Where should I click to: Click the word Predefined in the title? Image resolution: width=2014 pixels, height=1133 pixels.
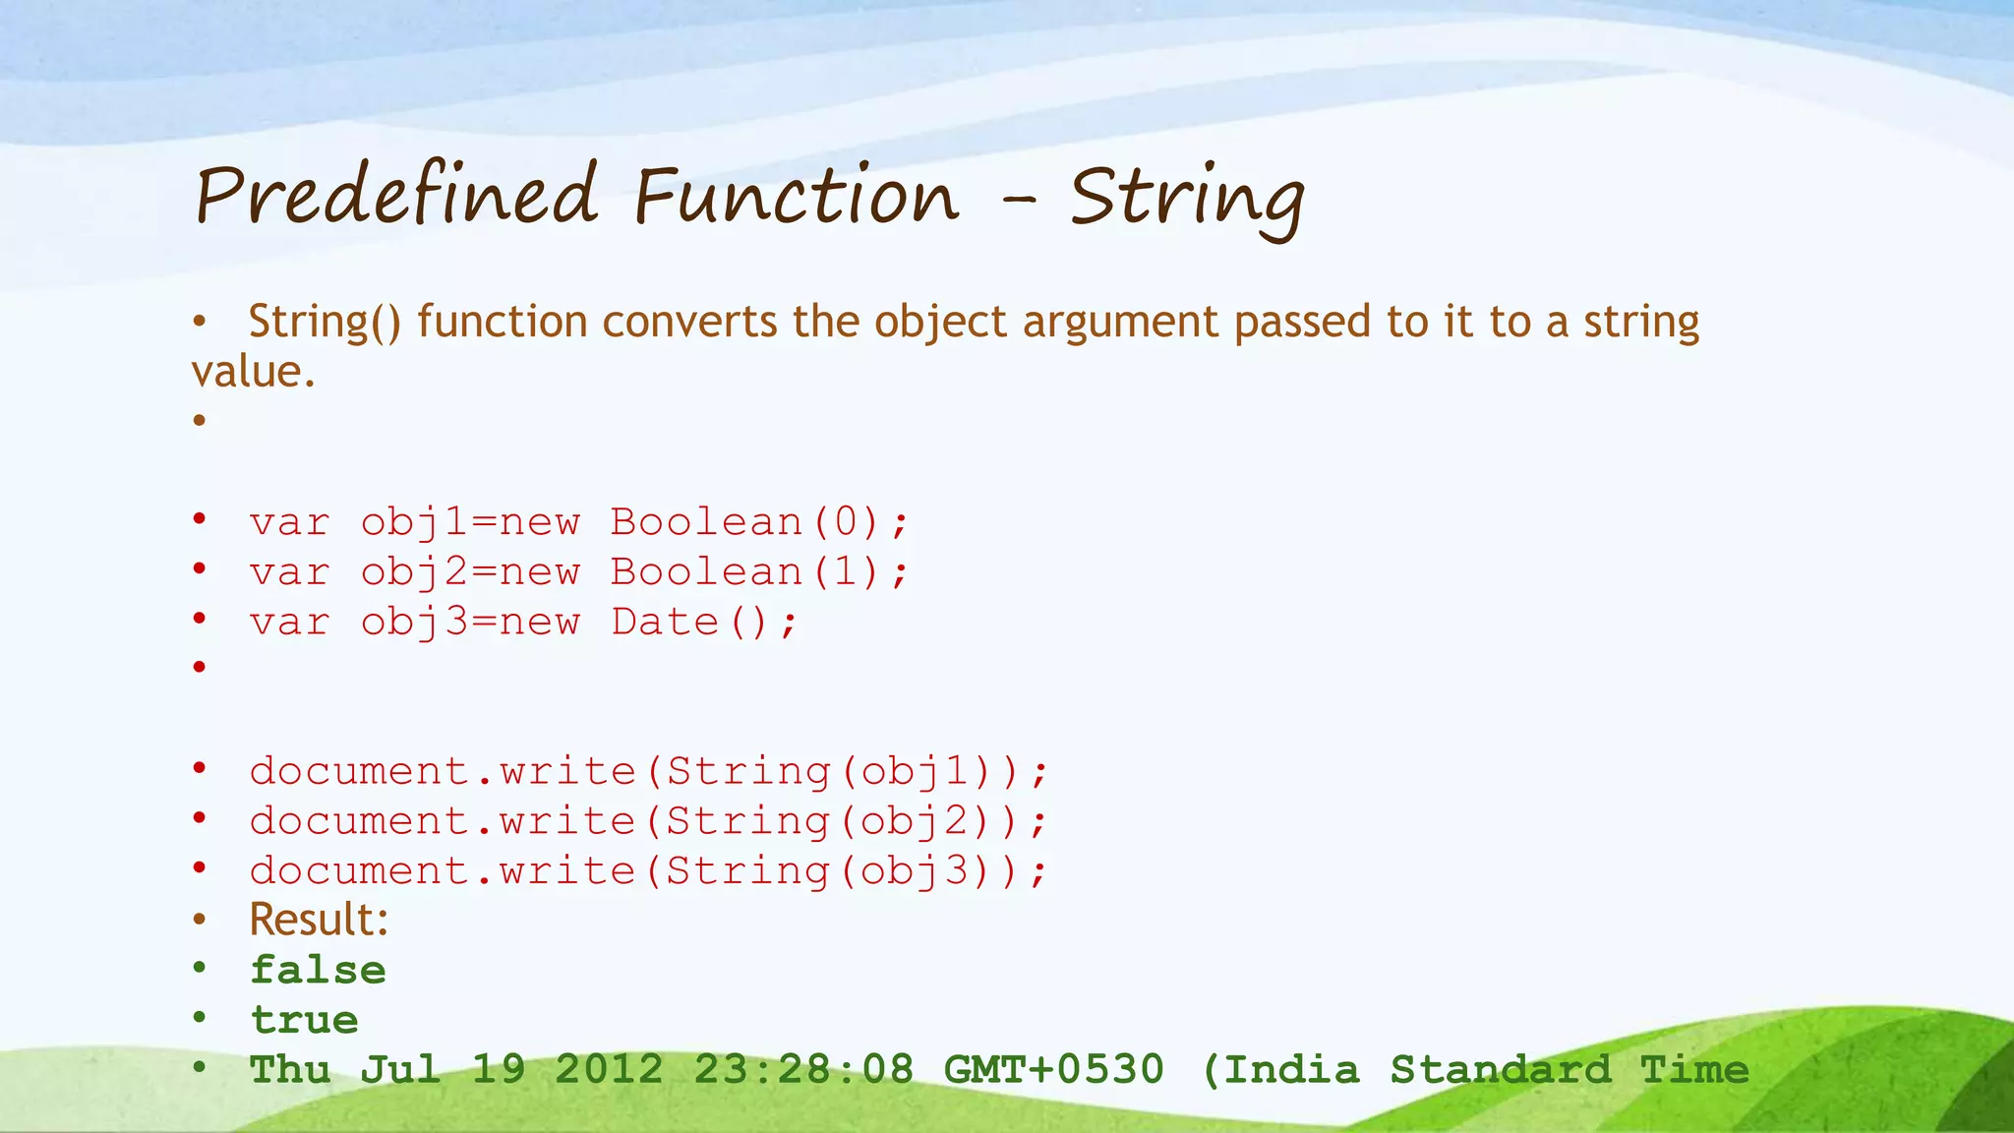pos(396,195)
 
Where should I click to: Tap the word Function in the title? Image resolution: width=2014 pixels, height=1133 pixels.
pos(796,195)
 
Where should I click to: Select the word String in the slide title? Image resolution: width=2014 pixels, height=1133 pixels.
pos(1187,197)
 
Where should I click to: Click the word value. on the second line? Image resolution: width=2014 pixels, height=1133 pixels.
pos(254,372)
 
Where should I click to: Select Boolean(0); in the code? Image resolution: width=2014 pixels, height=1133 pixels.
pos(759,521)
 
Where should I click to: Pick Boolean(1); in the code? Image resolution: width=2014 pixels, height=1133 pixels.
pos(759,571)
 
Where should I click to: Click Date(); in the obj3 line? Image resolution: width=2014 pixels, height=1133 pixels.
pos(704,622)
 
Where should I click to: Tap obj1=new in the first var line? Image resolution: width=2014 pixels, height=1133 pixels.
pos(470,521)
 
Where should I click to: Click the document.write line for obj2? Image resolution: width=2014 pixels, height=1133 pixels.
pos(648,821)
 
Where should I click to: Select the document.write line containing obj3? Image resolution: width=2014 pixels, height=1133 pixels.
pos(648,871)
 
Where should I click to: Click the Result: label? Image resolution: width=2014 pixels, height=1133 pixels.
pos(319,920)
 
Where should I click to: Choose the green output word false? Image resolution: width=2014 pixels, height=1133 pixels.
pos(318,970)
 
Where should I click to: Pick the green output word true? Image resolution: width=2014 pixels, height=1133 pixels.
pos(304,1020)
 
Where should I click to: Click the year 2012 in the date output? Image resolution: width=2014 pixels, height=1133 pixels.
pos(609,1069)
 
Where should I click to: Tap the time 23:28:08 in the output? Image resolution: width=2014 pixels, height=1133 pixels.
pos(803,1069)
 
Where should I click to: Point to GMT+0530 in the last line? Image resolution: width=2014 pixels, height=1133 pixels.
pos(1053,1069)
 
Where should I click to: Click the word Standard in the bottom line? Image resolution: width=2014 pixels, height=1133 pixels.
pos(1500,1069)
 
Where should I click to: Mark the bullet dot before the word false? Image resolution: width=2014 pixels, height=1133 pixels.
pos(200,969)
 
